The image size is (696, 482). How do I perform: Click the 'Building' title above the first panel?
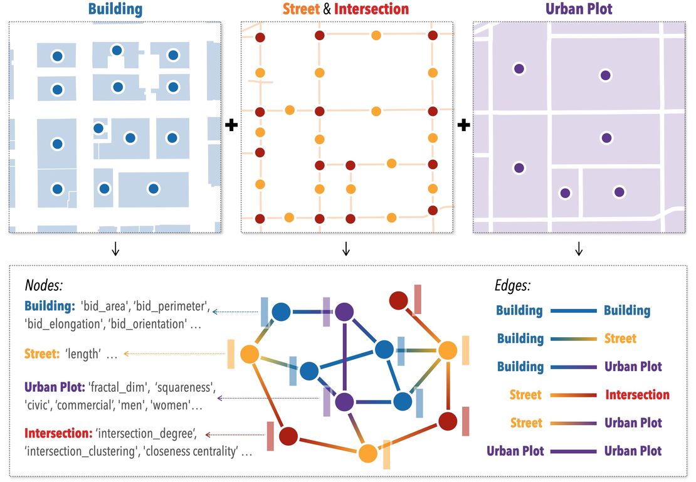pos(115,9)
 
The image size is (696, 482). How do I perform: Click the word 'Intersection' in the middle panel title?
pos(371,9)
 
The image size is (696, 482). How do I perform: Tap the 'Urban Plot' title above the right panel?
pos(579,9)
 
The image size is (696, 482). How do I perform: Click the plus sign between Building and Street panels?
pos(231,126)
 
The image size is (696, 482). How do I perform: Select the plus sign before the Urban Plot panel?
pos(463,126)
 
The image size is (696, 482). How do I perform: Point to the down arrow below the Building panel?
pos(115,249)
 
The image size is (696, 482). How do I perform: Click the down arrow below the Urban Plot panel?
pos(579,249)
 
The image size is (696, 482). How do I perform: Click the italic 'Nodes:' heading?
pos(44,286)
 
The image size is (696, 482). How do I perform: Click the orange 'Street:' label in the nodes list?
pos(41,354)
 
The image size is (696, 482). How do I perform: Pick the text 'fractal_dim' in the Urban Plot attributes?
pos(115,387)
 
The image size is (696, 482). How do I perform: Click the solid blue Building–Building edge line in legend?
pos(574,310)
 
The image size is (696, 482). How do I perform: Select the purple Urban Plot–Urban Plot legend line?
pos(574,451)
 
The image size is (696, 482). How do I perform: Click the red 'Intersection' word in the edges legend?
pos(637,395)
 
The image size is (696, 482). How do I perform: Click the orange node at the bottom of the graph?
pos(368,453)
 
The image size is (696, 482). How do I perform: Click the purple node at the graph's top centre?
pos(344,312)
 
